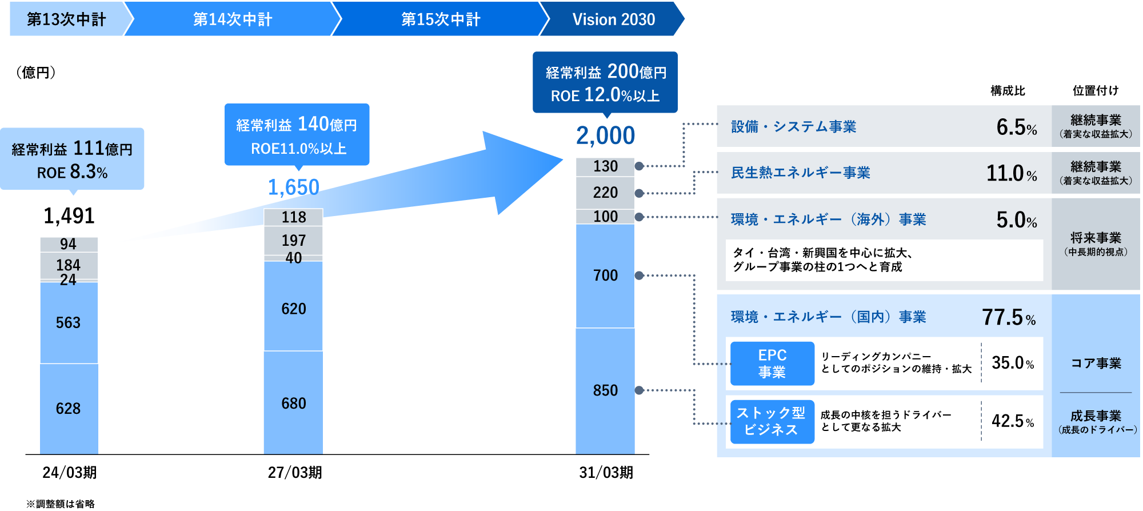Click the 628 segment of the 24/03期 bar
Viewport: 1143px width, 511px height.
point(69,409)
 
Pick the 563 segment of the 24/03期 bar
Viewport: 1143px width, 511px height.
point(69,323)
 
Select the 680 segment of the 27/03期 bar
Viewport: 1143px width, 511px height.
point(293,403)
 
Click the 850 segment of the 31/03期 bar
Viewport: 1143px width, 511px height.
point(605,391)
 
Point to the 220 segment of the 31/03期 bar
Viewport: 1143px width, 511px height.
point(605,193)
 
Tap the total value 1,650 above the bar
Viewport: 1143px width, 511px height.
point(293,187)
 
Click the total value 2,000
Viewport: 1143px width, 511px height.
point(605,135)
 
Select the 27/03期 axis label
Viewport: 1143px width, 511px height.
point(295,473)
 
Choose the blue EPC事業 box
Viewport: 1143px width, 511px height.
point(772,364)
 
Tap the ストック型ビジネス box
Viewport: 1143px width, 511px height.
point(772,422)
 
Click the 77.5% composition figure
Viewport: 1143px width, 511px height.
point(1009,317)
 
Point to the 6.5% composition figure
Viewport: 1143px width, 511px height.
point(1017,127)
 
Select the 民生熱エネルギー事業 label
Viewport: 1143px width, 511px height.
point(801,173)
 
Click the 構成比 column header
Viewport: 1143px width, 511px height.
point(1008,90)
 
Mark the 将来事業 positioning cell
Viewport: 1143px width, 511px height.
point(1096,244)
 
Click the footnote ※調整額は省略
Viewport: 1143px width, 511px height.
point(61,504)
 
